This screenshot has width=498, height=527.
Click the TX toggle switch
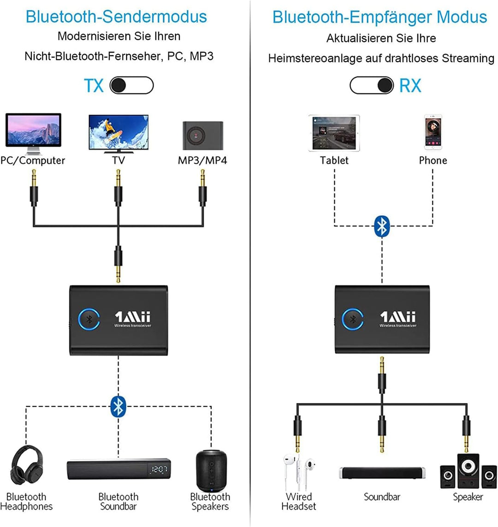(131, 86)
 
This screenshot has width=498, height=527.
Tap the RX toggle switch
(372, 85)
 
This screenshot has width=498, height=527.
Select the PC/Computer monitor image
(33, 133)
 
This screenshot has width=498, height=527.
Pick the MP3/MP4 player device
(203, 136)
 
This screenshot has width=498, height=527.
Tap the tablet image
(334, 133)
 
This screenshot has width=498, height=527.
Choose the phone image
(433, 133)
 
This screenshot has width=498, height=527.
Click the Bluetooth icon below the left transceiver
(119, 406)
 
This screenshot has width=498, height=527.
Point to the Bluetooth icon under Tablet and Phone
(382, 225)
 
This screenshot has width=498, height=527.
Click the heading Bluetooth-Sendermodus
(116, 17)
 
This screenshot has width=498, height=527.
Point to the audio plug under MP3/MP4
(202, 189)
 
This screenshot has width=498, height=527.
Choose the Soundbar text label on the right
(382, 497)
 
